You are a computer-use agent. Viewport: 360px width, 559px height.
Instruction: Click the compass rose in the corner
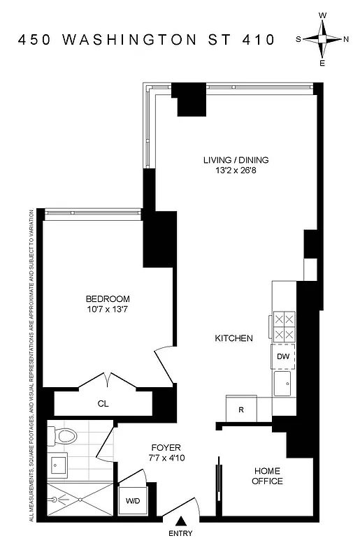point(323,39)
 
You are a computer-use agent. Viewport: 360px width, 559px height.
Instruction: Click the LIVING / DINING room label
point(236,160)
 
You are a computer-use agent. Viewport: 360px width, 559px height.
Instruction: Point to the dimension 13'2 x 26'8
point(236,170)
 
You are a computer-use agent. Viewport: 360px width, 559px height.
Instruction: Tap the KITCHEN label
point(233,338)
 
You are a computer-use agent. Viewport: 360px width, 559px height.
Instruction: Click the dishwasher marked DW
point(283,357)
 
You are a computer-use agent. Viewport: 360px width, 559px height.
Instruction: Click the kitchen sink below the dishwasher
point(283,383)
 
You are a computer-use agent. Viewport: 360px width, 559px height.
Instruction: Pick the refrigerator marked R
point(241,409)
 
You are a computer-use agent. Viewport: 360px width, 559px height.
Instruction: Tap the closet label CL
point(103,404)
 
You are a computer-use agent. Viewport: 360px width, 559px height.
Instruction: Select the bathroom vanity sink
point(58,464)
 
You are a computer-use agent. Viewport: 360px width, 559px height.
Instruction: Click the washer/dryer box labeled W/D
point(131,501)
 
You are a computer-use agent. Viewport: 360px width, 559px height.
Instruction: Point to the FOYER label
point(166,447)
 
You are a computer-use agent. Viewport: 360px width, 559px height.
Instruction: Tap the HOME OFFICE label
point(268,476)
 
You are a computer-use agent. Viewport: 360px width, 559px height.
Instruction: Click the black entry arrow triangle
point(181,520)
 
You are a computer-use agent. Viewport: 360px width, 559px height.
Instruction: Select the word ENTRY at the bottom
point(181,535)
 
